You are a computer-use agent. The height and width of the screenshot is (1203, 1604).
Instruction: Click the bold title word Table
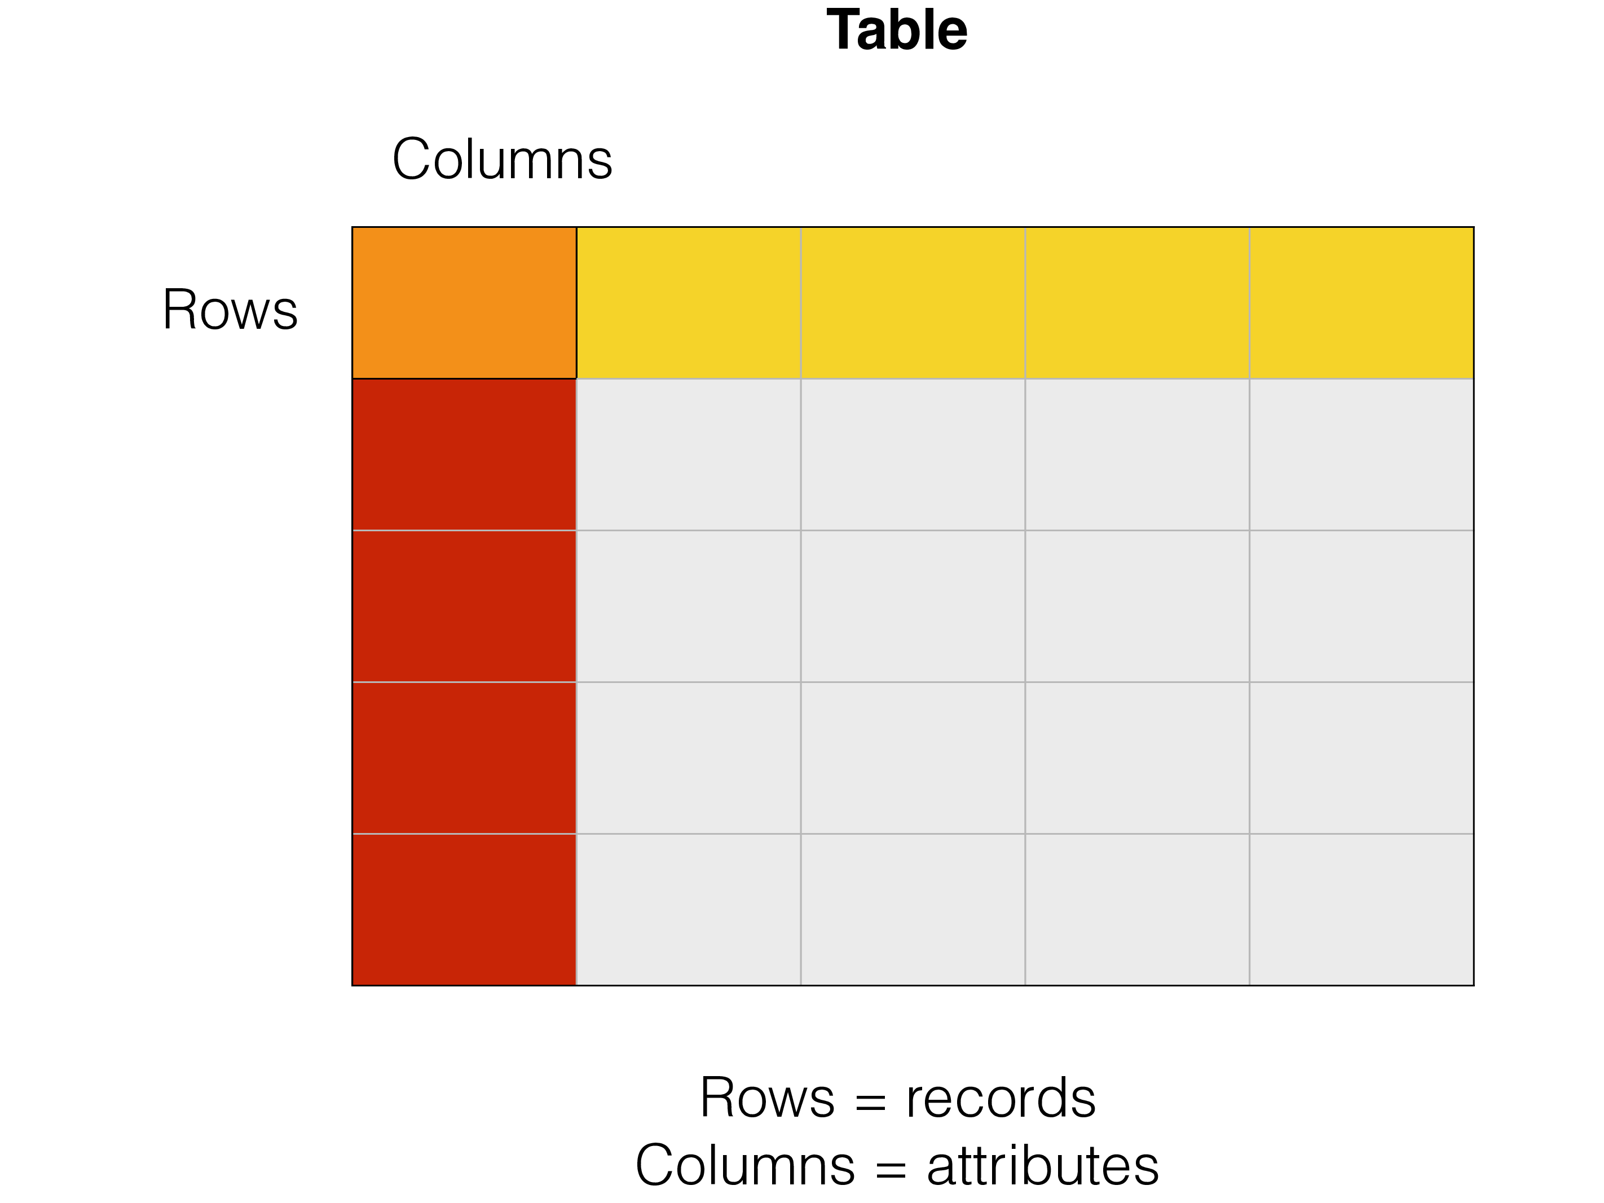897,30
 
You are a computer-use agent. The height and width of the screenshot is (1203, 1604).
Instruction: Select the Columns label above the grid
502,159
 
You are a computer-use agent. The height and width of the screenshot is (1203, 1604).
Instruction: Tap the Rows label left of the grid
230,310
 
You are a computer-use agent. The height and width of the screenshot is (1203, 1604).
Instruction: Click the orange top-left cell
464,302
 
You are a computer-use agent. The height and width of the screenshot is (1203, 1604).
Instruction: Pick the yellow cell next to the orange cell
688,302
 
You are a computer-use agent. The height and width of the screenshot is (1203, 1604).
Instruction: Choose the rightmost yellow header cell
1361,302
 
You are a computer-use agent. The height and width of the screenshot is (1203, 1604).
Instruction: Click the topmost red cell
464,455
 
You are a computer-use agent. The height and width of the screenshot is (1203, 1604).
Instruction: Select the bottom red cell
464,909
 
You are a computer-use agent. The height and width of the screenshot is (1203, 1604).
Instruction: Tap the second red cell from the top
464,606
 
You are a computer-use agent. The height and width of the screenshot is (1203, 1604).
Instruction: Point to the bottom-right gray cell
1361,909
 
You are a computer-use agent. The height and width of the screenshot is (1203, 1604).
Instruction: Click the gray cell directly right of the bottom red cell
688,909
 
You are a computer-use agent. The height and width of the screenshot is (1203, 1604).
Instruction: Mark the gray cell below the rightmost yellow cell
1361,455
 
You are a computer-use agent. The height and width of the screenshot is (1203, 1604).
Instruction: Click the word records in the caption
1001,1098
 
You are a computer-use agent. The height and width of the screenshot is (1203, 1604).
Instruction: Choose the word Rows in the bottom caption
767,1098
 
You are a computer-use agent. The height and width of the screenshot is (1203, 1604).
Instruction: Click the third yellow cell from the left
1137,302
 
